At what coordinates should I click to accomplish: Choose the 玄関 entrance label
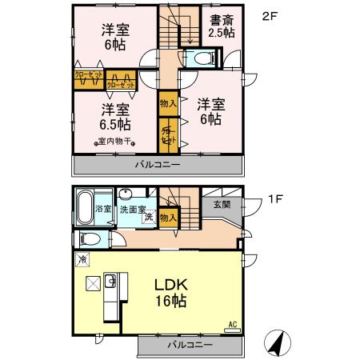[x=222, y=205]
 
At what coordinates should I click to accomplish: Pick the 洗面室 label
[x=134, y=209]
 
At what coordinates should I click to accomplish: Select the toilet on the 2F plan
[x=201, y=58]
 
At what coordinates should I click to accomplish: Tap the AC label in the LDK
[x=233, y=324]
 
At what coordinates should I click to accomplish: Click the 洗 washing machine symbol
[x=149, y=218]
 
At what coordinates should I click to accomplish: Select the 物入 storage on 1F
[x=167, y=217]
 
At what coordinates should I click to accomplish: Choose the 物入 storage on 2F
[x=168, y=103]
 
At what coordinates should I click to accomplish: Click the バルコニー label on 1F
[x=190, y=345]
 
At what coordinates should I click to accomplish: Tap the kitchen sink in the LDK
[x=112, y=282]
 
